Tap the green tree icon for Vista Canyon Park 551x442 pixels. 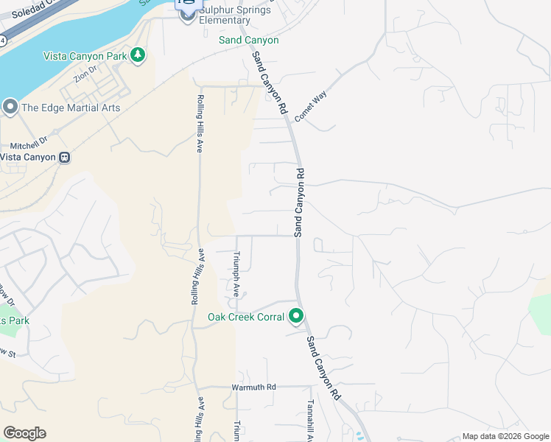pos(137,55)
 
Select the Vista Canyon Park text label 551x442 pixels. pos(85,56)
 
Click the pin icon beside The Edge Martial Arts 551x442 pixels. pos(10,108)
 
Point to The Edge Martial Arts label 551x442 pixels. pos(71,108)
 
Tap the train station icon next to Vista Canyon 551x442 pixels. pos(65,157)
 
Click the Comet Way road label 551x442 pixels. pos(310,107)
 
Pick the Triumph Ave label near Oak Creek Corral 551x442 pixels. pos(236,273)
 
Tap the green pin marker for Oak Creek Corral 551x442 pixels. pos(296,316)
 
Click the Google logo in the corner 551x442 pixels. pos(24,433)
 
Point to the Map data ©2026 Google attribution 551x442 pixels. pos(505,436)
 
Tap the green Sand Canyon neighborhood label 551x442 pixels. pos(249,40)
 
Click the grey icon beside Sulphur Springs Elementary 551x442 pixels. pos(186,15)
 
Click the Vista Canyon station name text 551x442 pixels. pos(28,157)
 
